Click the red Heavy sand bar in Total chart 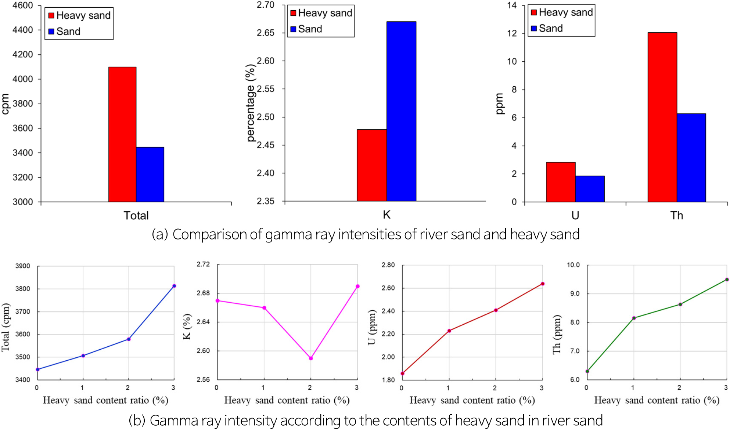(x=122, y=134)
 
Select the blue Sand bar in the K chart (x=401, y=111)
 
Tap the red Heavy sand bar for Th (x=662, y=117)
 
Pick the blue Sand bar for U (x=590, y=189)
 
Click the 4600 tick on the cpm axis (x=23, y=6)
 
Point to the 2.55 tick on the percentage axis (x=266, y=89)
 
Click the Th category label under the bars (x=677, y=216)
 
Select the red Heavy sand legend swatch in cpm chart (x=51, y=15)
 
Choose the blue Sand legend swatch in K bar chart (x=293, y=29)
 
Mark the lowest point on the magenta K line (x=311, y=358)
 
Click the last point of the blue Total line (x=174, y=286)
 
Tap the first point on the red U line (x=402, y=374)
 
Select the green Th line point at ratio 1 (x=634, y=318)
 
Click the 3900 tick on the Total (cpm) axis (x=23, y=266)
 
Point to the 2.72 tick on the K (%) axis (x=203, y=264)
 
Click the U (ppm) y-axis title (x=372, y=327)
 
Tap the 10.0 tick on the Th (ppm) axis (x=573, y=265)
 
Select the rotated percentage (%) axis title (x=251, y=103)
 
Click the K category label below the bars (x=386, y=215)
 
